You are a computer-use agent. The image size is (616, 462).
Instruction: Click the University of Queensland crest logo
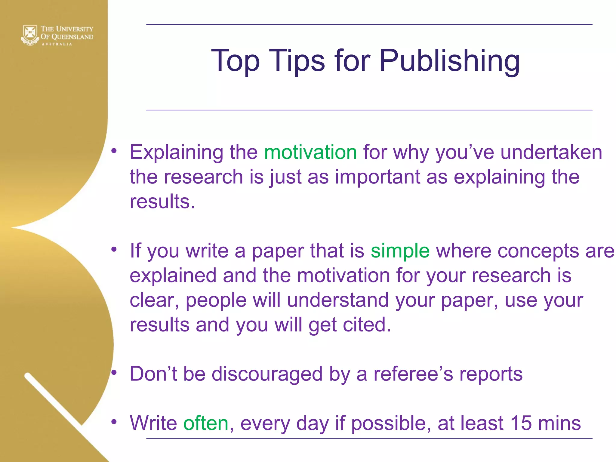[30, 35]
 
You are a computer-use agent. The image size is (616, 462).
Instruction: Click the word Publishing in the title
[449, 61]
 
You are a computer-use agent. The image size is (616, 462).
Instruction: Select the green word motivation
[310, 152]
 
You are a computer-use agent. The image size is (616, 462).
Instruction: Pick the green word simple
[400, 251]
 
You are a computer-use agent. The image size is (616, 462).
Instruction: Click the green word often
[206, 423]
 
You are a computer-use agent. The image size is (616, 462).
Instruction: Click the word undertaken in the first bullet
[551, 152]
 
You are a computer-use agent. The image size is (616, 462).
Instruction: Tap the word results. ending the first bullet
[162, 202]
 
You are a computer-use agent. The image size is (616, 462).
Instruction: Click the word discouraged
[267, 374]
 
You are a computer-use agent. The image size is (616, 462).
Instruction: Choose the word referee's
[413, 374]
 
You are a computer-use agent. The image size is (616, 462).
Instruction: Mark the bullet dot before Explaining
[114, 151]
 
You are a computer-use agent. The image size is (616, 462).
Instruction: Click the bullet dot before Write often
[114, 422]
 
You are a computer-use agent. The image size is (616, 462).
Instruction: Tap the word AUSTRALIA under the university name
[57, 44]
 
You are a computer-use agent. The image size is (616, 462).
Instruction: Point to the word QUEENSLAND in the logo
[72, 37]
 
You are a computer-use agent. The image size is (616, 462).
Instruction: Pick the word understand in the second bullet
[337, 300]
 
